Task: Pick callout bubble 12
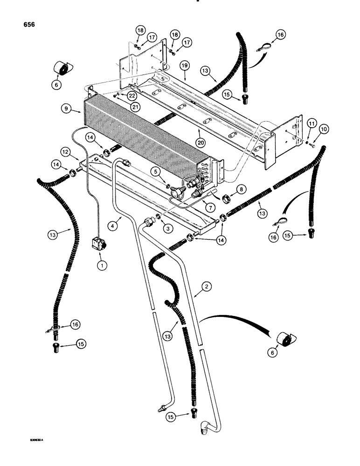point(66,152)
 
